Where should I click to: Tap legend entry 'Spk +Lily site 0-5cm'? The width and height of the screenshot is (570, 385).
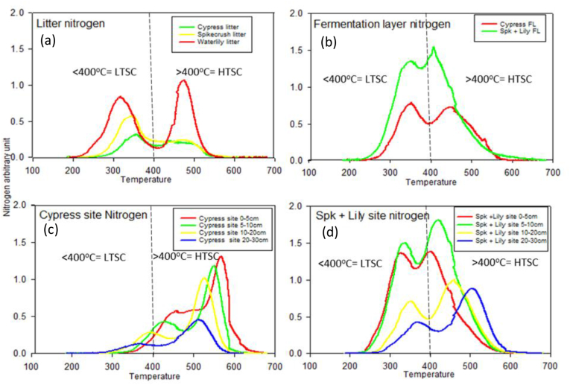pyautogui.click(x=514, y=214)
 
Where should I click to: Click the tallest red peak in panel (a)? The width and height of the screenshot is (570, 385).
pyautogui.click(x=183, y=81)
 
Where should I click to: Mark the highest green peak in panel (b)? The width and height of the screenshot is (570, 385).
pyautogui.click(x=434, y=48)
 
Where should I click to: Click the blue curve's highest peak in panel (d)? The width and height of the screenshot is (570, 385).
pyautogui.click(x=472, y=289)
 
